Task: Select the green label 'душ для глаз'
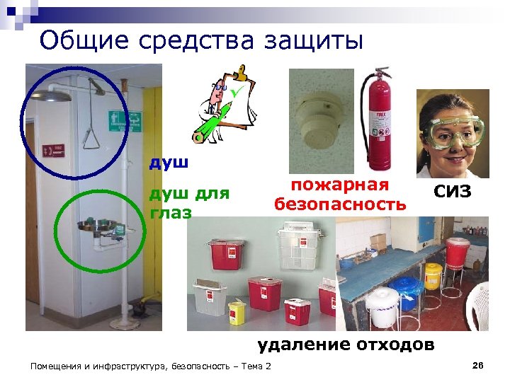188,202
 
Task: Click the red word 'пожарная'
341,185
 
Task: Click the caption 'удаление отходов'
346,345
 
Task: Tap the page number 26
477,365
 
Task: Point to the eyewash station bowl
96,226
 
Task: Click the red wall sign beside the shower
53,150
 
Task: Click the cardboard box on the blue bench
378,243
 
